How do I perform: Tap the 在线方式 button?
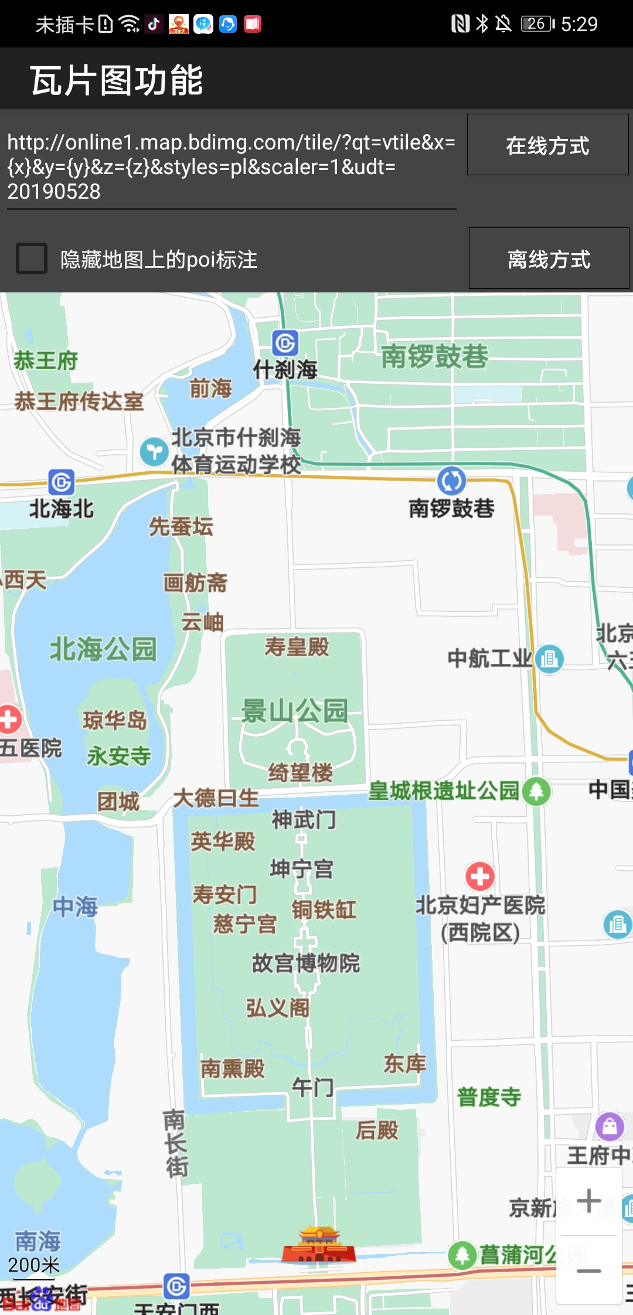coord(547,145)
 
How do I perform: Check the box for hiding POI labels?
coord(32,258)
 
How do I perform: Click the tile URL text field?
coord(231,166)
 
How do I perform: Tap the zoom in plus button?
coord(588,1201)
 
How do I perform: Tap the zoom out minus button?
coord(588,1271)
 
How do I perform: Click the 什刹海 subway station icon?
coord(285,343)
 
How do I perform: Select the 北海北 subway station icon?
coord(62,482)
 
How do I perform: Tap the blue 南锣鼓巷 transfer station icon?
coord(451,481)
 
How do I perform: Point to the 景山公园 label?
coord(295,711)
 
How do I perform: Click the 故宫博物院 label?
coord(306,963)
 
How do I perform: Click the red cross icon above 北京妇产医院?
coord(480,877)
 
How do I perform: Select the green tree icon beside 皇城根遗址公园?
coord(536,791)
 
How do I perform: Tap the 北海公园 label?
coord(103,649)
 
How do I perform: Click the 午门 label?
coord(312,1088)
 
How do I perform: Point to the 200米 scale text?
coord(34,1265)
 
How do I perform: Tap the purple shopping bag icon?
coord(610,1126)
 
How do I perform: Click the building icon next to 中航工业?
coord(549,659)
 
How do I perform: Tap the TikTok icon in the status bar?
coord(154,24)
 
